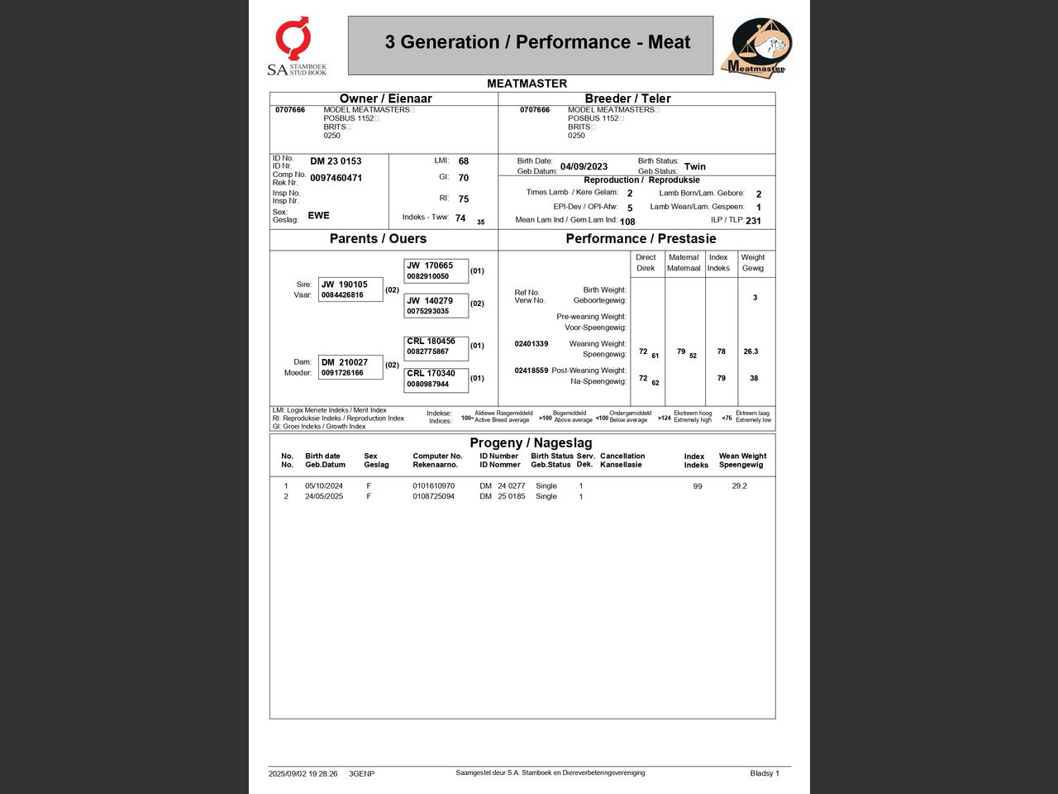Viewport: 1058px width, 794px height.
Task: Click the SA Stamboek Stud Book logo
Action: click(x=296, y=46)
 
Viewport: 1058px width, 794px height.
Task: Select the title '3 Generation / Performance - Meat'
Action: click(x=537, y=42)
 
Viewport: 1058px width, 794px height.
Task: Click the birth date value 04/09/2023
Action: click(x=584, y=167)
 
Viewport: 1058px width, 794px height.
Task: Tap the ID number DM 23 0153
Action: click(x=336, y=161)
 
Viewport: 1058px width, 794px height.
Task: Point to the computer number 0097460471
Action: click(x=336, y=178)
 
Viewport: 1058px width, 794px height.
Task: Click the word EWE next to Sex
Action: click(x=318, y=215)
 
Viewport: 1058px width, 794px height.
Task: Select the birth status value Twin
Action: click(x=695, y=167)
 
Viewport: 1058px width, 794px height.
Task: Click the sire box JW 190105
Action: click(x=350, y=289)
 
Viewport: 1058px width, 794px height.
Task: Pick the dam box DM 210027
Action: click(x=350, y=367)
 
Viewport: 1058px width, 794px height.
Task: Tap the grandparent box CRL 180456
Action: click(x=436, y=347)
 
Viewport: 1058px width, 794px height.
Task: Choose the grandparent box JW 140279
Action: click(x=436, y=306)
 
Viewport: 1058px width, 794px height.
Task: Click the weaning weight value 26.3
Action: click(x=751, y=352)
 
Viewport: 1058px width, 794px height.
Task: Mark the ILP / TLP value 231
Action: click(x=753, y=221)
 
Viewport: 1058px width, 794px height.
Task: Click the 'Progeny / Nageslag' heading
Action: click(x=531, y=442)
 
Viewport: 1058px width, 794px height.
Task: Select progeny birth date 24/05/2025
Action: click(x=324, y=496)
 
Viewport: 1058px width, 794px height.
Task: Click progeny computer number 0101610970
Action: click(x=433, y=486)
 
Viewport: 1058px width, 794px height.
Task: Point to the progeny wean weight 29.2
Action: click(x=739, y=486)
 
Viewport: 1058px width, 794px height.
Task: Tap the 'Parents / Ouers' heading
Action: click(x=378, y=239)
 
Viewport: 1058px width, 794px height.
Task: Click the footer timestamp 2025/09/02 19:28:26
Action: click(x=303, y=774)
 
